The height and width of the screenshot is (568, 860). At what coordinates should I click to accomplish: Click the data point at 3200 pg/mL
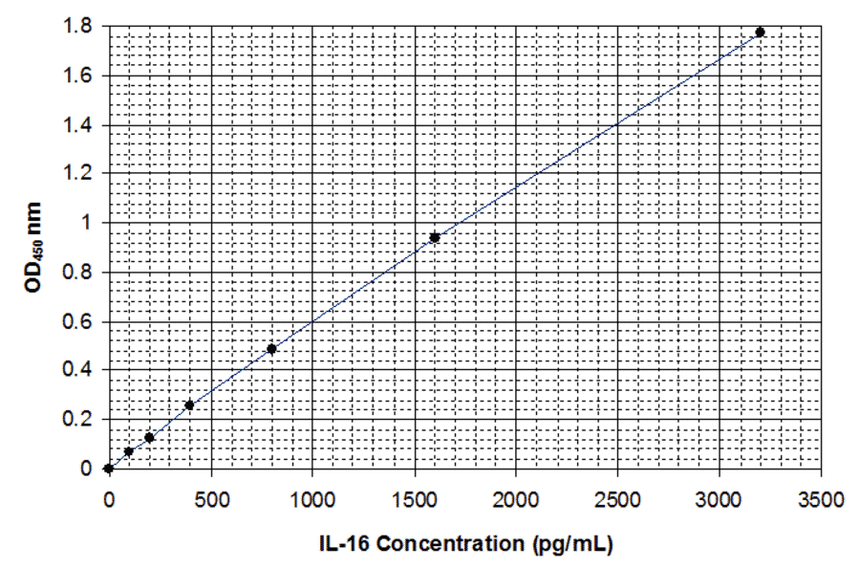pos(760,33)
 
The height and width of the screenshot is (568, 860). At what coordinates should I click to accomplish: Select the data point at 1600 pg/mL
pos(435,237)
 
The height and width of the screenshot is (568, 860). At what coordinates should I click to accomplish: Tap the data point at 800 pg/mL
pos(271,349)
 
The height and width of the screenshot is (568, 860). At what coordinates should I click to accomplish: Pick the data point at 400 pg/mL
pos(189,405)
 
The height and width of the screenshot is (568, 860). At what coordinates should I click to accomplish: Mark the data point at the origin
pos(109,469)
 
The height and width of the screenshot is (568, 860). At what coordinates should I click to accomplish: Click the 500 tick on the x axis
pos(210,498)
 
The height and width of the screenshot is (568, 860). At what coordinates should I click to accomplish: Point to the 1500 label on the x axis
pos(414,498)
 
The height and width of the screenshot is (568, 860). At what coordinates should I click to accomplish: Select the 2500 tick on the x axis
pos(617,498)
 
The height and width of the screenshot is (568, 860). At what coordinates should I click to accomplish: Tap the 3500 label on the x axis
pos(821,498)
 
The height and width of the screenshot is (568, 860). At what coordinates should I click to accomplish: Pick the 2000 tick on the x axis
pos(516,498)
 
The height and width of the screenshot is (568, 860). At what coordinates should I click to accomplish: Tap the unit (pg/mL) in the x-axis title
pos(571,545)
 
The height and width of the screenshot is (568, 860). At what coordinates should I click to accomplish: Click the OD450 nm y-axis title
pos(33,247)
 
